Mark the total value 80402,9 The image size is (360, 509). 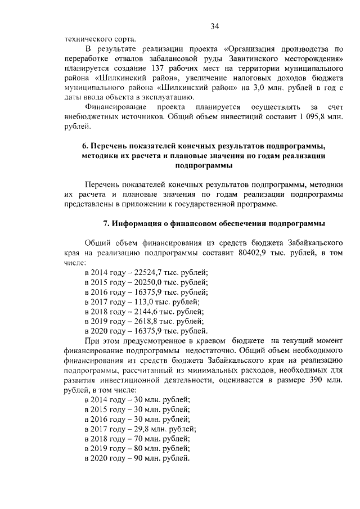coord(254,253)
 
